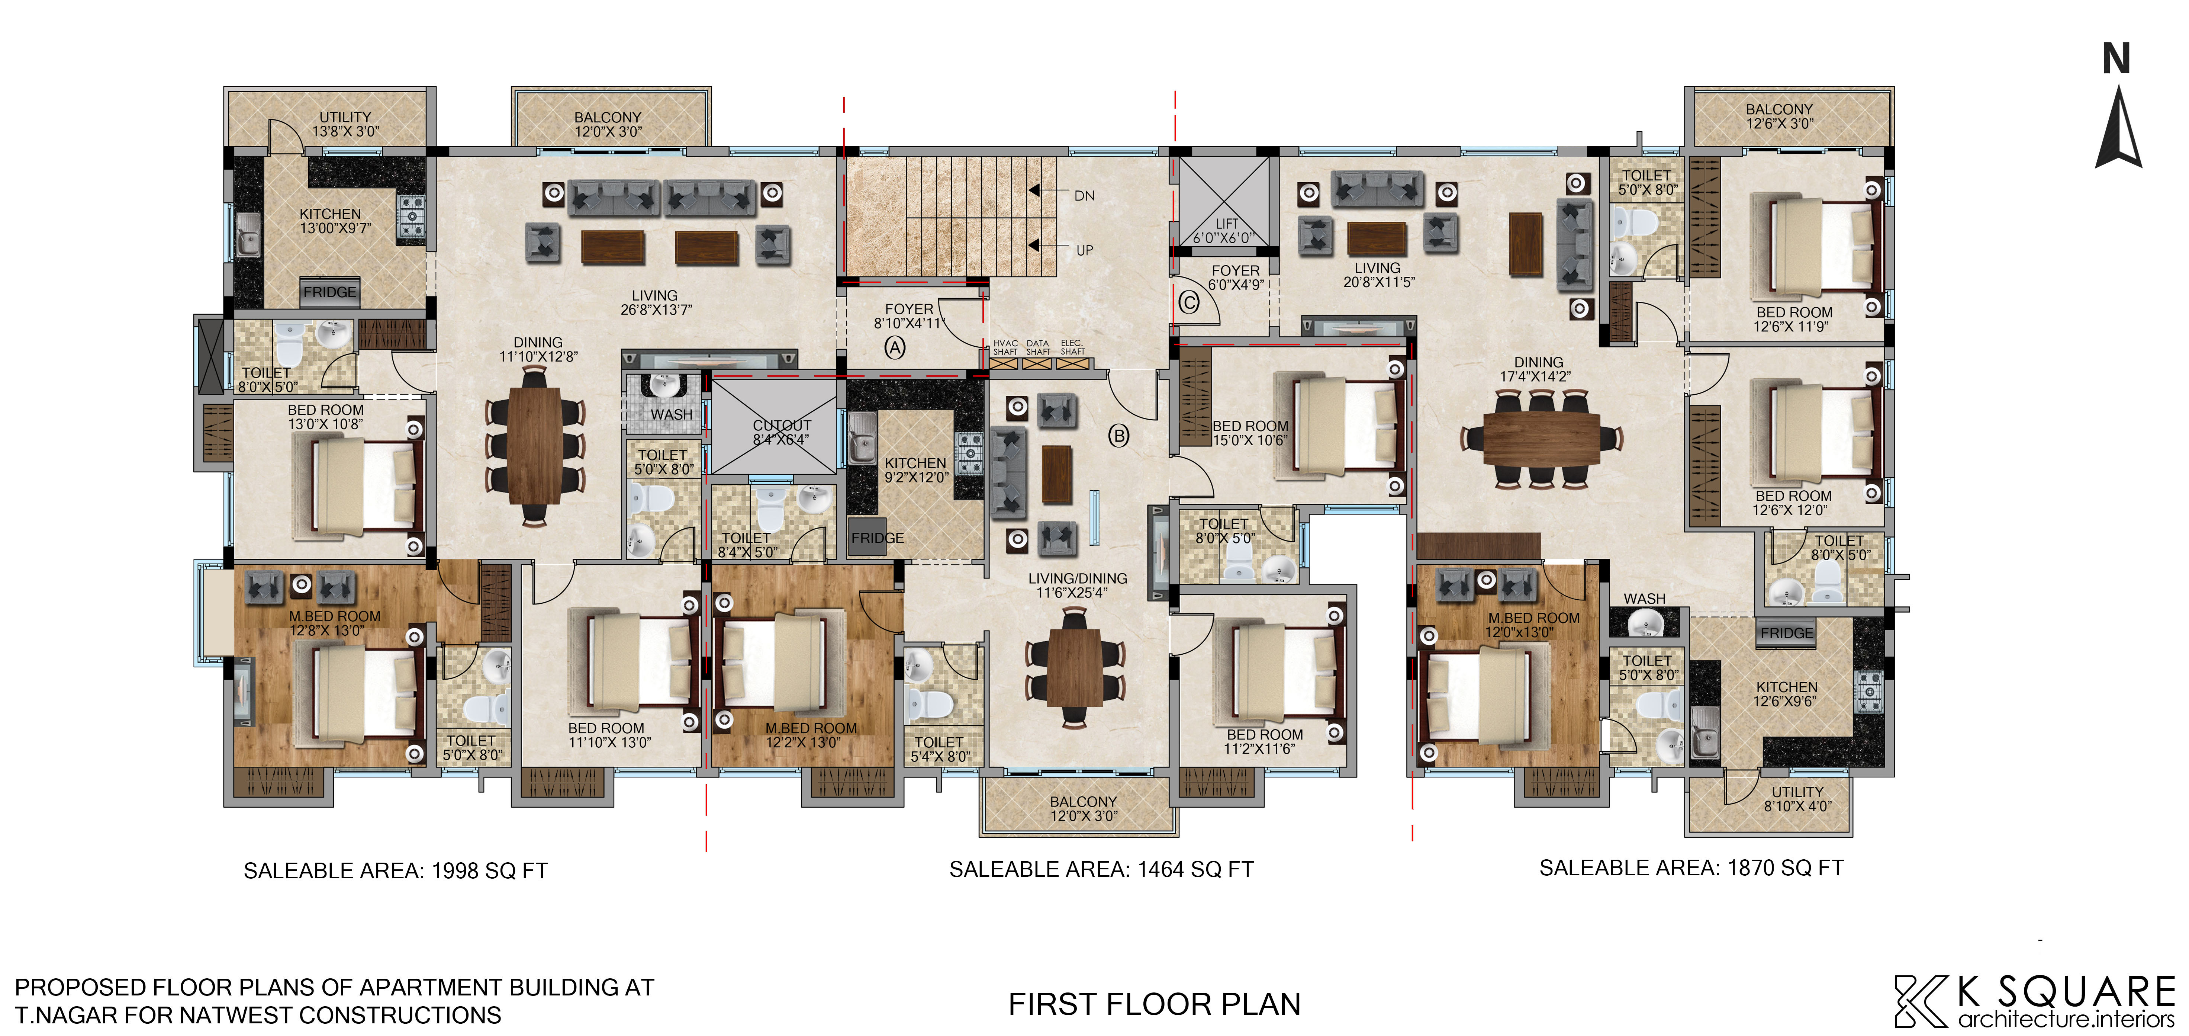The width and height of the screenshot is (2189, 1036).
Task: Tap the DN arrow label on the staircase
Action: pos(1084,195)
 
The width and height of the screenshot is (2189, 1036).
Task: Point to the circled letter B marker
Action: pos(1119,436)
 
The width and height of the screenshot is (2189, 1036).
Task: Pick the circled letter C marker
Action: pos(1189,302)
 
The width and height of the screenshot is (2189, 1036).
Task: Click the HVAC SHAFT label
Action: pos(1005,347)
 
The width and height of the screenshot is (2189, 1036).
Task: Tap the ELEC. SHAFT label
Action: pos(1072,347)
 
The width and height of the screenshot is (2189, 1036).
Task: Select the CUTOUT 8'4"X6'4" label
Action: pos(782,432)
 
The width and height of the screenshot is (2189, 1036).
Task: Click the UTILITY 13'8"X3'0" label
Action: pos(345,124)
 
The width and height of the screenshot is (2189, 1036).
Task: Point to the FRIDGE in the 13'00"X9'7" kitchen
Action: pos(330,292)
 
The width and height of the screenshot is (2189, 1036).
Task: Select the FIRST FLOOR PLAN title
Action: pos(1154,1004)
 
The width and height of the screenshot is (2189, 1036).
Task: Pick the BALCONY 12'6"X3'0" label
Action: pos(1779,116)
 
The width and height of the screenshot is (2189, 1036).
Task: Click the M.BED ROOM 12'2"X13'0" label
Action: pos(811,735)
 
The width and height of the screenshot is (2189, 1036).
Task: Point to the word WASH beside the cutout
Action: pos(671,415)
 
